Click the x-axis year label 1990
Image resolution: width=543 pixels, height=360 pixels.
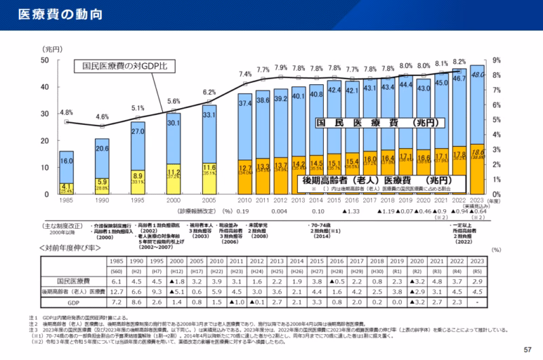(x=102, y=202)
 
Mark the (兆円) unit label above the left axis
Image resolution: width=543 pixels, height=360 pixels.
(x=52, y=49)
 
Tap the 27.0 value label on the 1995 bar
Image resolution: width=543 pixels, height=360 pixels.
(x=137, y=131)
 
